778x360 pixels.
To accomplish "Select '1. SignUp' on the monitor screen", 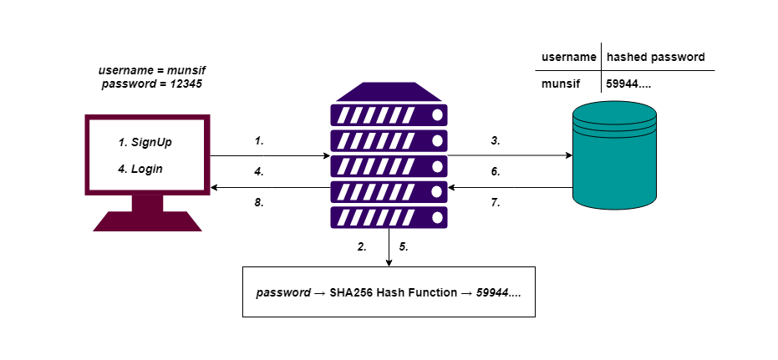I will (x=145, y=143).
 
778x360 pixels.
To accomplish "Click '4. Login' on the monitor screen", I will (x=140, y=169).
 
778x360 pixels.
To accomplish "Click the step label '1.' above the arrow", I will (x=259, y=141).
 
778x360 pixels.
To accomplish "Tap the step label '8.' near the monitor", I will (x=259, y=201).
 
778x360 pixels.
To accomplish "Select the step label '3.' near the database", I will (x=496, y=141).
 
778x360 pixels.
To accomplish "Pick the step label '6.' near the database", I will (x=496, y=171).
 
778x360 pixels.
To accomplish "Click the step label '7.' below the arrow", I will (x=496, y=201).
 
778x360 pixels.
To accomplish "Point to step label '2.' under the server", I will (x=362, y=247).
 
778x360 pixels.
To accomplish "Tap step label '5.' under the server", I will (x=404, y=247).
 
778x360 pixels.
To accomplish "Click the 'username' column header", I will (x=568, y=58).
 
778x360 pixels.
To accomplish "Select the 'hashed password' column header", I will (x=656, y=58).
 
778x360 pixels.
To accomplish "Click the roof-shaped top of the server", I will (x=389, y=91).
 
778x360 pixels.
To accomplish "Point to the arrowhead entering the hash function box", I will (x=389, y=263).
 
